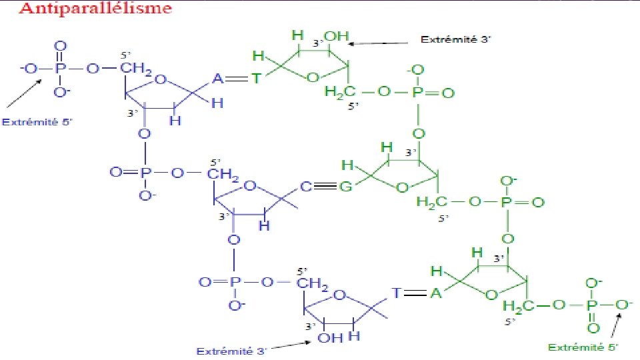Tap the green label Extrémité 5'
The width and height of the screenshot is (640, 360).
pos(583,347)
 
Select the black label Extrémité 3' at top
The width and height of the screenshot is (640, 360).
pos(455,39)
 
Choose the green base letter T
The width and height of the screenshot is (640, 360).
pos(257,79)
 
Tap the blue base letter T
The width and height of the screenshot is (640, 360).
pos(396,293)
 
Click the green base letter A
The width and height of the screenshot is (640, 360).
pos(435,293)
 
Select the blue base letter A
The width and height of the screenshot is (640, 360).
pos(217,79)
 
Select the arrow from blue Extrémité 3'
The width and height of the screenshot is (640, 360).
pos(289,345)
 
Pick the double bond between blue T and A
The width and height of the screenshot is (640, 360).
pos(416,293)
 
